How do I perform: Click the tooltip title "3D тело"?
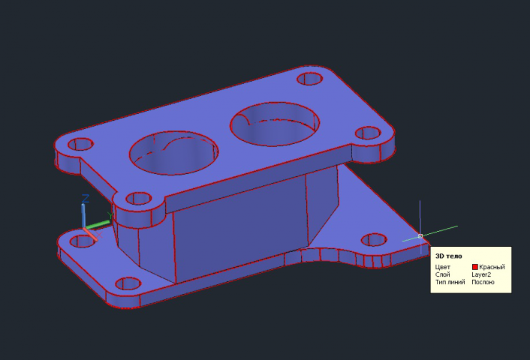pyautogui.click(x=448, y=256)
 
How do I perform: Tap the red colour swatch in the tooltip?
pyautogui.click(x=475, y=267)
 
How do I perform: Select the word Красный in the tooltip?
pyautogui.click(x=492, y=267)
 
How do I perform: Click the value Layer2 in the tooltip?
pyautogui.click(x=481, y=274)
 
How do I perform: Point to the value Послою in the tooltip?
pyautogui.click(x=483, y=282)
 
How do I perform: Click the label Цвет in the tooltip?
pyautogui.click(x=443, y=267)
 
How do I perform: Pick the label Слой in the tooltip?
pyautogui.click(x=442, y=274)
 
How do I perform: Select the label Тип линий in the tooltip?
pyautogui.click(x=450, y=282)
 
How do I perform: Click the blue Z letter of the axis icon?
pyautogui.click(x=86, y=198)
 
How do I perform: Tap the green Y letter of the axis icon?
pyautogui.click(x=110, y=215)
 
